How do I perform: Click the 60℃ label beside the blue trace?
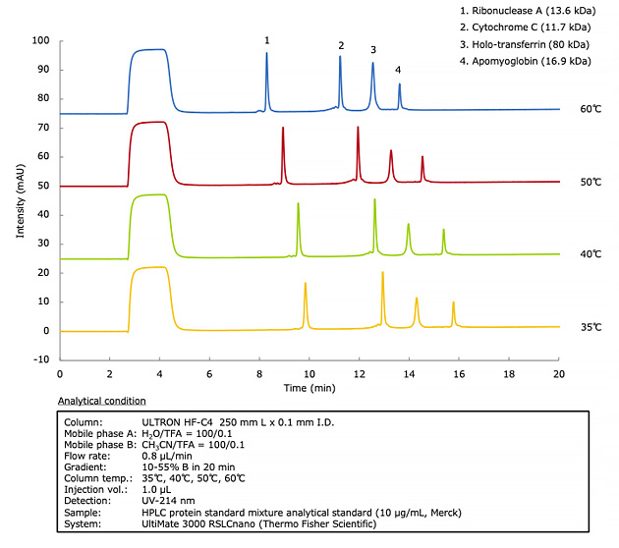tap(590, 109)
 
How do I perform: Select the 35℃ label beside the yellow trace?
tap(590, 327)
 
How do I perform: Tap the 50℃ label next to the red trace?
tap(590, 183)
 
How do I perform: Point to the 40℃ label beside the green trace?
tap(590, 254)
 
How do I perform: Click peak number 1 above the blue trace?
tap(266, 40)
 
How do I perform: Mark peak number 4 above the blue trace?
tap(398, 70)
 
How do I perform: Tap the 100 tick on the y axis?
tap(40, 41)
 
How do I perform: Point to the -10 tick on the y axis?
tap(42, 359)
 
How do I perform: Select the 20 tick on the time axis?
tap(558, 374)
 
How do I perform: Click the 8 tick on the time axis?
tap(259, 374)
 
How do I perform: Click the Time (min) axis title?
tap(309, 389)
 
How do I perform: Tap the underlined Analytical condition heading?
tap(101, 401)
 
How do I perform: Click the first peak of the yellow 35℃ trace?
tap(306, 284)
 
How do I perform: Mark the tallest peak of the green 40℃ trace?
tap(374, 200)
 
